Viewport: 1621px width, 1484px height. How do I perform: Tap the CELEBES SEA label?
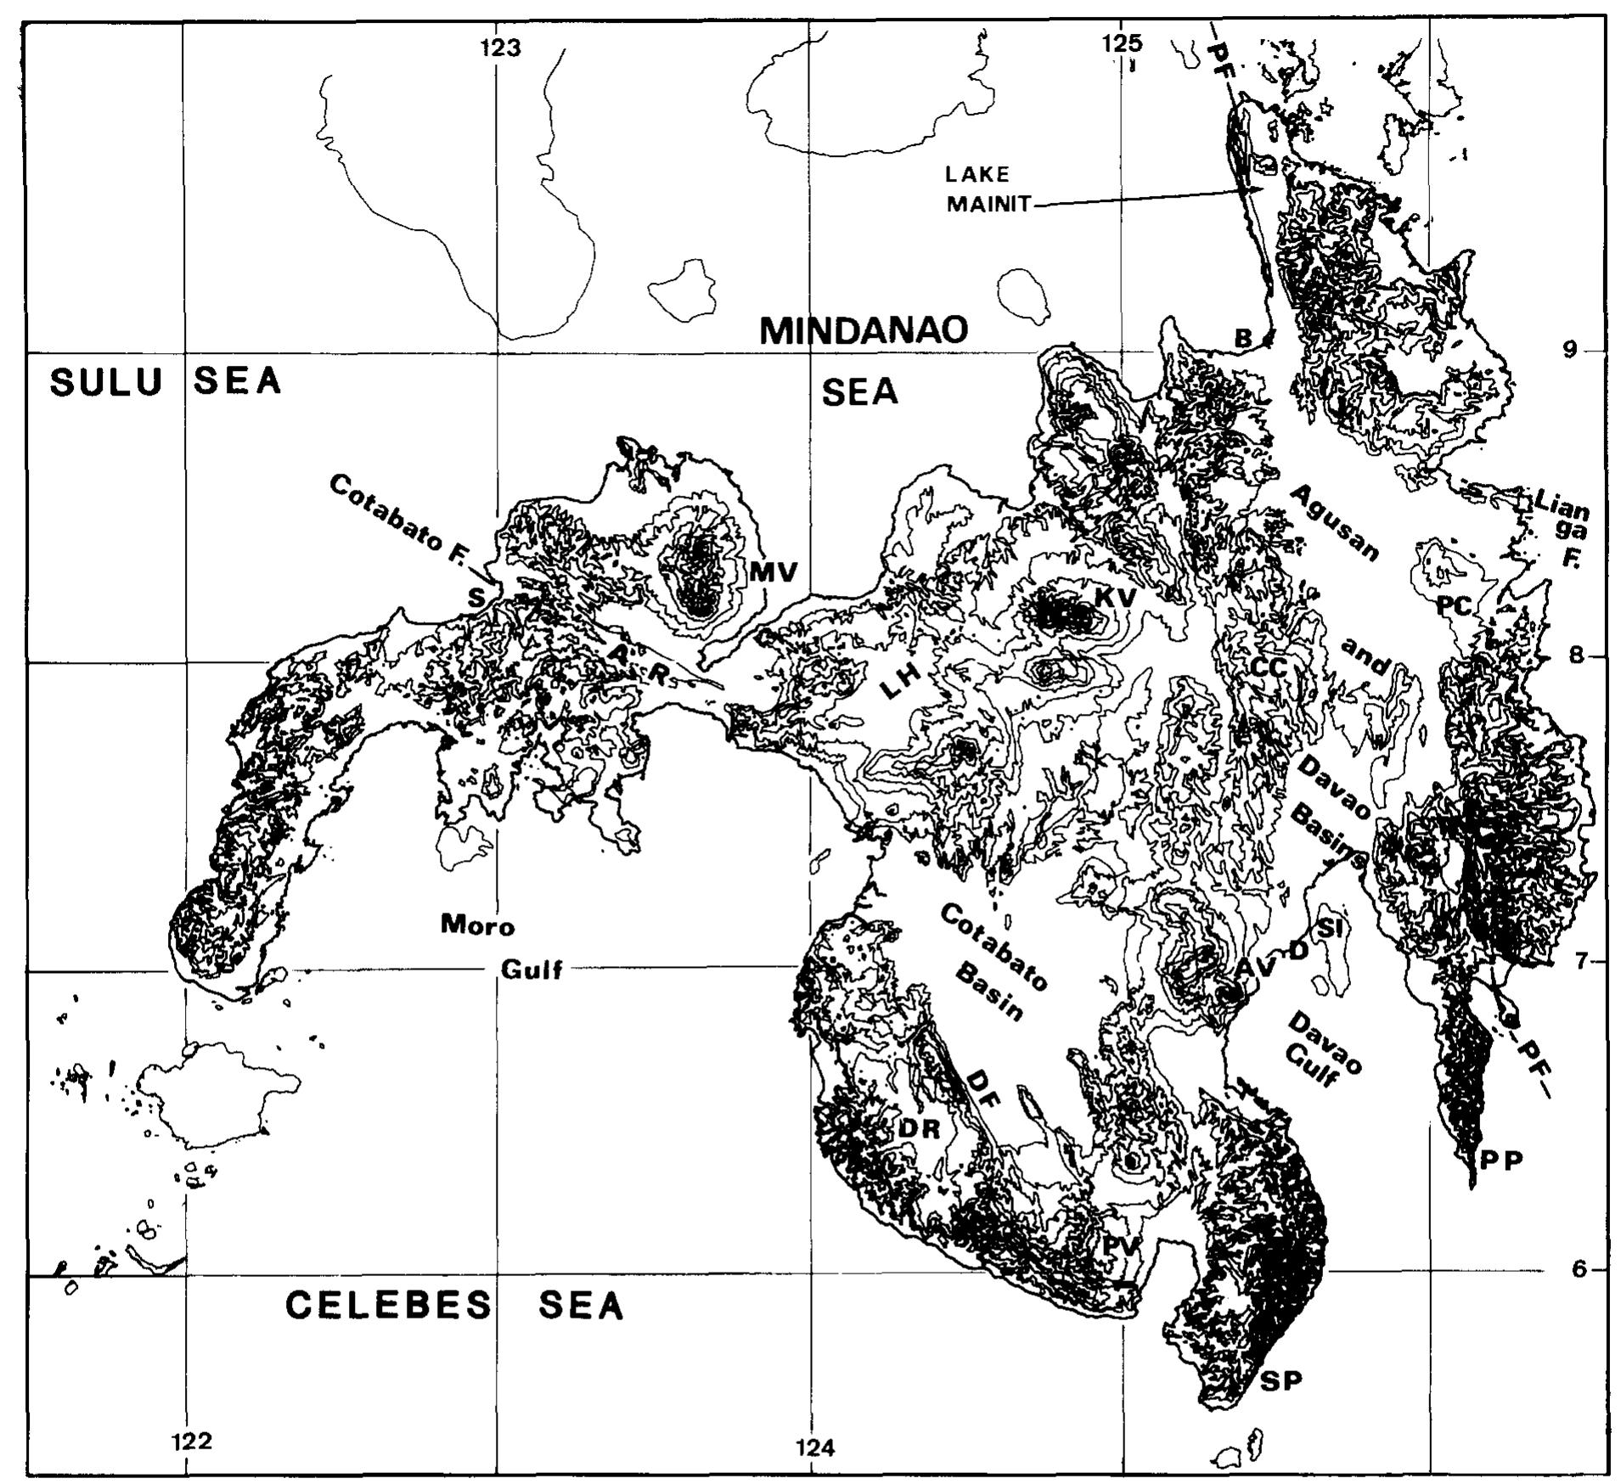coord(454,1306)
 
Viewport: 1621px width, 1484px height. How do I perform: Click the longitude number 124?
coord(814,1447)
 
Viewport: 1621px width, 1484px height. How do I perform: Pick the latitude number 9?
coord(1570,349)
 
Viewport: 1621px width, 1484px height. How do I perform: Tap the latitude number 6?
coord(1579,1269)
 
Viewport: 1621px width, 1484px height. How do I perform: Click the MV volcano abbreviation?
coord(774,573)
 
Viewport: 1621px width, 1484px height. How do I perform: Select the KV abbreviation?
coord(1114,598)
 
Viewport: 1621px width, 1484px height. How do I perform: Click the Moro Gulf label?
coord(501,946)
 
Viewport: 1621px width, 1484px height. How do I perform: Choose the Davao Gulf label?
coord(1320,1048)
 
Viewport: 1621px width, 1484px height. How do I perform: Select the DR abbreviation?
coord(919,1129)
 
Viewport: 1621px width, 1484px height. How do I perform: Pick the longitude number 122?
coord(191,1441)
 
